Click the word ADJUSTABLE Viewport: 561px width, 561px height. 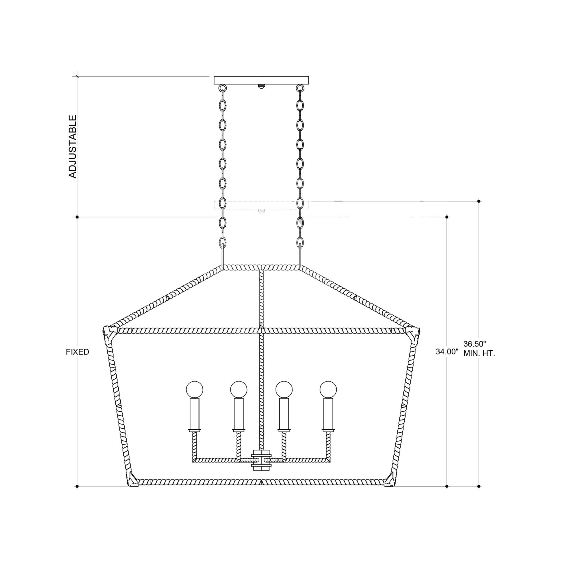[x=72, y=147]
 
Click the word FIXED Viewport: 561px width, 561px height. [x=77, y=352]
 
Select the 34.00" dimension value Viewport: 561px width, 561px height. [x=447, y=352]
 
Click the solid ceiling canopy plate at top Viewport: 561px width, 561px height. [x=261, y=80]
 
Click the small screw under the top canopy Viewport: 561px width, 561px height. [x=261, y=86]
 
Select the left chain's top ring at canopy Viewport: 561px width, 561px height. [x=223, y=88]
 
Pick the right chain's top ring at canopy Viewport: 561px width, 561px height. [x=299, y=88]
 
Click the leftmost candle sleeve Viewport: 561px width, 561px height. [x=194, y=413]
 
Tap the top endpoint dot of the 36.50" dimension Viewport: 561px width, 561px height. [x=479, y=201]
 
